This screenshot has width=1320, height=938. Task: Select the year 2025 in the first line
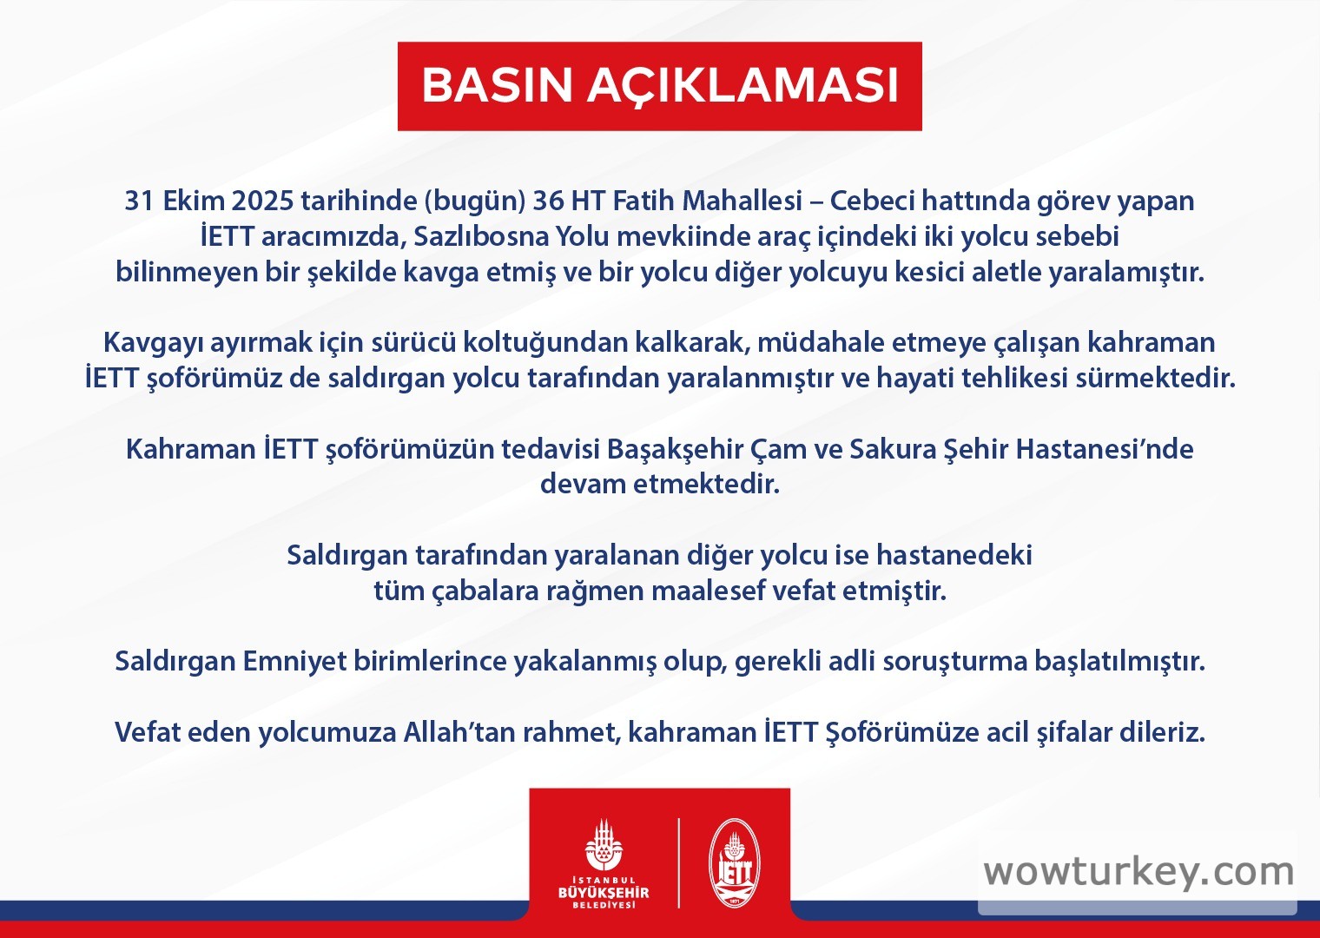pyautogui.click(x=262, y=201)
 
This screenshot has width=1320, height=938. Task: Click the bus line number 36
pyautogui.click(x=548, y=201)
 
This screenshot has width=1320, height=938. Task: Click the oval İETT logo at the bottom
pyautogui.click(x=734, y=863)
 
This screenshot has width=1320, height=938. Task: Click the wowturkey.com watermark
pyautogui.click(x=1138, y=873)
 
